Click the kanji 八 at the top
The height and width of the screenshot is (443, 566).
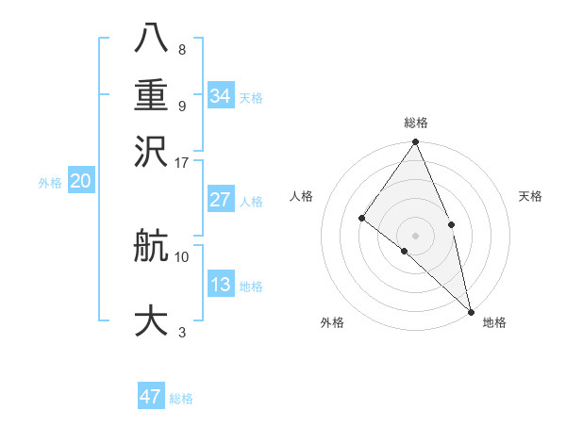coord(151,37)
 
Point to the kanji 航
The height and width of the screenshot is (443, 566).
coord(151,248)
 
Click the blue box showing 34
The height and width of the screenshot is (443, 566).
coord(221,96)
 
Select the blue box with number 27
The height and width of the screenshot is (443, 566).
coord(221,200)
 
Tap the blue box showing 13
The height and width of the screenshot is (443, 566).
coord(221,285)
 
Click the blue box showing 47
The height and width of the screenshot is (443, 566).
coord(151,397)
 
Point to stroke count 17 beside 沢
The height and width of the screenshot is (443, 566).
coord(182,162)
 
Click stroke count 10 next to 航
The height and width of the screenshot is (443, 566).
coord(182,255)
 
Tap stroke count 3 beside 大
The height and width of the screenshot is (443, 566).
coord(182,332)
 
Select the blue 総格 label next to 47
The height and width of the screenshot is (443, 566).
coord(181,399)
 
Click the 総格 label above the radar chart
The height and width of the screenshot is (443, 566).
coord(416,123)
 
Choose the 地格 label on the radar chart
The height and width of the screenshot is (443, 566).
coord(494,322)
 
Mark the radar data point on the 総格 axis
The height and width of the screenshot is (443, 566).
coord(416,142)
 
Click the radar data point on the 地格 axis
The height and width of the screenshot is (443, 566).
coord(471,310)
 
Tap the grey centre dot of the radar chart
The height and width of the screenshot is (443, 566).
coord(416,235)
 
